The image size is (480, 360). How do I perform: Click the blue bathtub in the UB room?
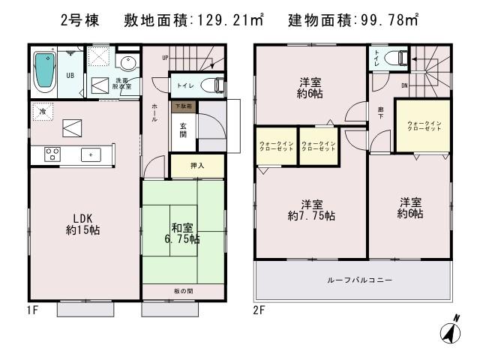(46, 72)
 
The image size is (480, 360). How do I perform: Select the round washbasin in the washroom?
(127, 62)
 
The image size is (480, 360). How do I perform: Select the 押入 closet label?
(196, 166)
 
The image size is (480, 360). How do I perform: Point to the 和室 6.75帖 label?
(183, 234)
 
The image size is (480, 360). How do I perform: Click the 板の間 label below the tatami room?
(183, 288)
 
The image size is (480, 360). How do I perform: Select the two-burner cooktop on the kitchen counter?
(53, 154)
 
